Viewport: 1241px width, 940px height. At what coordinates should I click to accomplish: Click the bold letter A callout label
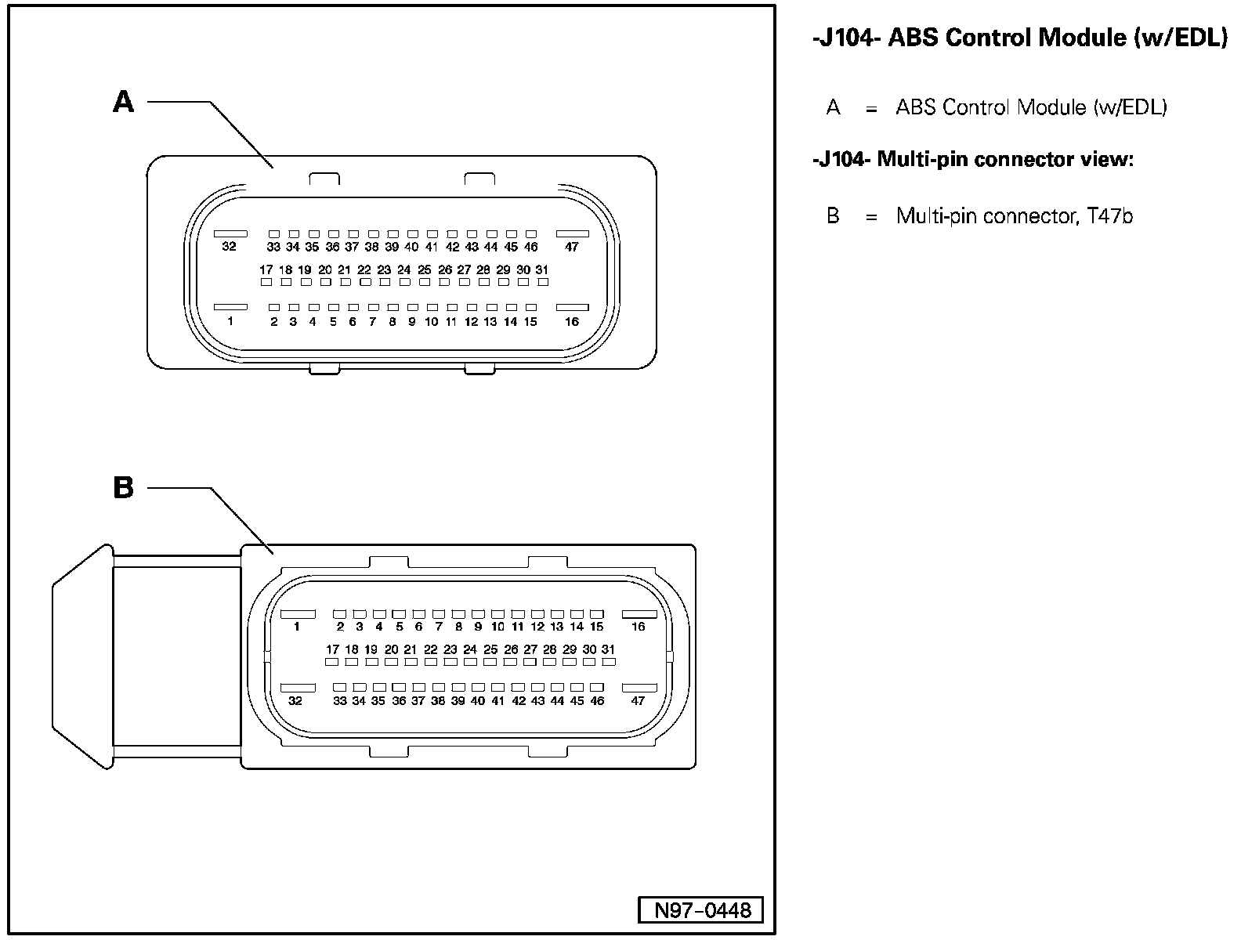124,102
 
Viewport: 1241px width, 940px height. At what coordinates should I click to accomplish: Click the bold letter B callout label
124,488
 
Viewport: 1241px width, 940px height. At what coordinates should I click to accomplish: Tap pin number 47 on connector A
572,247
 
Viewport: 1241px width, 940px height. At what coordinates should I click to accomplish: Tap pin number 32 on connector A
229,247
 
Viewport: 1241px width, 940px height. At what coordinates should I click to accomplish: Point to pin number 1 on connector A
230,321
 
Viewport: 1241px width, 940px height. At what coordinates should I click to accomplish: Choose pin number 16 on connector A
572,321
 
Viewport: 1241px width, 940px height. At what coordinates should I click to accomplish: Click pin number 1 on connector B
297,627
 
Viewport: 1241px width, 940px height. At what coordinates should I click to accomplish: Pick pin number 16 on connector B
638,627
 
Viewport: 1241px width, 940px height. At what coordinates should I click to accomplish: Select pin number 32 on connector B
295,701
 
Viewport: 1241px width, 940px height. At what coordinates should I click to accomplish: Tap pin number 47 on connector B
638,701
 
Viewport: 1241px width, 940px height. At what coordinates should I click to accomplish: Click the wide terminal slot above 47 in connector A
572,233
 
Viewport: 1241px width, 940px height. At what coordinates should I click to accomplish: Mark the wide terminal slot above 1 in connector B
298,613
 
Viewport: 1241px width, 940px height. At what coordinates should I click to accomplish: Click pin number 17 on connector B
333,649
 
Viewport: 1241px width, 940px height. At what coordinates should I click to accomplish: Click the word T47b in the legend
1110,216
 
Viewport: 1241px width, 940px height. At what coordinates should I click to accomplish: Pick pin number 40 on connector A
411,247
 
